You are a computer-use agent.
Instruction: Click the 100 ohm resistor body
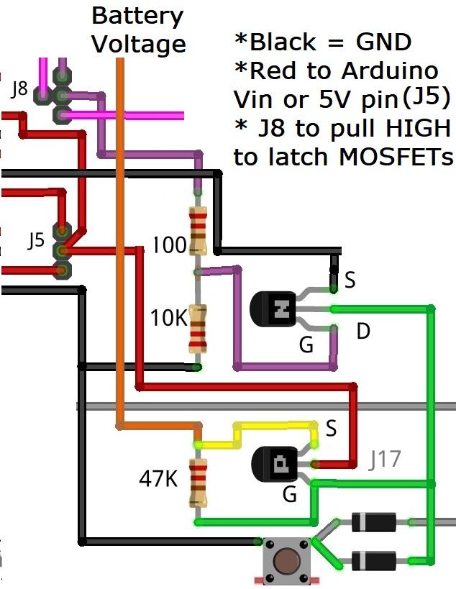(197, 232)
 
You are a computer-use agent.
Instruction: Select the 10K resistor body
(197, 329)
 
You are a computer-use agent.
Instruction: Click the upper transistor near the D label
(274, 309)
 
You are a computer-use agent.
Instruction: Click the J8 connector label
(19, 90)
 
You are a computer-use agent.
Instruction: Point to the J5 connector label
(36, 240)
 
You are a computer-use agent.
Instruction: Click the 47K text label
(158, 478)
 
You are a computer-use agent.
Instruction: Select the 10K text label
(168, 317)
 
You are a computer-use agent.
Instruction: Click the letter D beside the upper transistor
(364, 332)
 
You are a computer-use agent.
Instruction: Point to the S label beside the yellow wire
(332, 429)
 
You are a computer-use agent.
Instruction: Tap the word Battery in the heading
(137, 15)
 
